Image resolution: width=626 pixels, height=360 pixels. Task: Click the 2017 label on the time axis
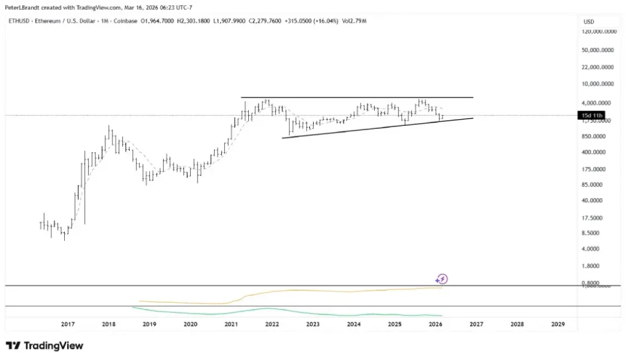click(67, 324)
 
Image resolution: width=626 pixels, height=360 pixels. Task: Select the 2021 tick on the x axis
click(231, 324)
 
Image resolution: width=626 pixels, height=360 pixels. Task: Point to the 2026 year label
click(435, 324)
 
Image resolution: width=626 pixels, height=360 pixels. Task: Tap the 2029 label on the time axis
click(558, 324)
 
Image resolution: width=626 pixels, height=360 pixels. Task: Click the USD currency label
click(589, 21)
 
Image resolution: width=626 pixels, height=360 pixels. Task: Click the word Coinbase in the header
click(127, 21)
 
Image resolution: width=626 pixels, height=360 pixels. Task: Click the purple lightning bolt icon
click(443, 279)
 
